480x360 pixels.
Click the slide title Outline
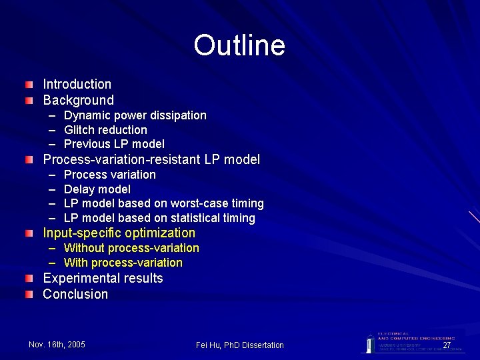239,45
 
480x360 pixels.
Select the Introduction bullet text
77,85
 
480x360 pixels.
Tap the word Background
79,101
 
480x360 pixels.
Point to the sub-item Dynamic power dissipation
135,116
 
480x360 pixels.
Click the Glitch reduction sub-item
105,130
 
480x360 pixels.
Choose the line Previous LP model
114,144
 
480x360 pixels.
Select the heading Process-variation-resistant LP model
151,160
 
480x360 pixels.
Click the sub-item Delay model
97,189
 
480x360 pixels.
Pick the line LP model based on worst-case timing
164,203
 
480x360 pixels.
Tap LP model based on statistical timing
159,218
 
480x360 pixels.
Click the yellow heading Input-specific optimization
119,233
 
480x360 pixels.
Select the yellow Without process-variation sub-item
131,248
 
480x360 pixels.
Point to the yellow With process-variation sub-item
123,263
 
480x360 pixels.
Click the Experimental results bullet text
103,278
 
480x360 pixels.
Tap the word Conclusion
75,294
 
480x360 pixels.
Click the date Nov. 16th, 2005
57,344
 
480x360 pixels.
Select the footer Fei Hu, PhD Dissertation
240,345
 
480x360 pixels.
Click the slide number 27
447,345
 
